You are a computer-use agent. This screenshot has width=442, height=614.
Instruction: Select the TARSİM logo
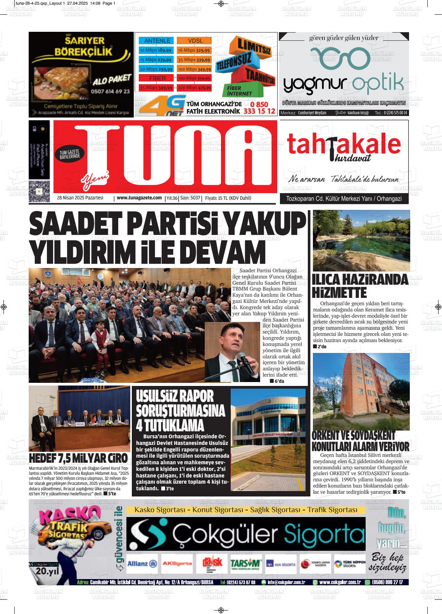(245, 564)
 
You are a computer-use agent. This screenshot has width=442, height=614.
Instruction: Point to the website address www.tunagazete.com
(139, 198)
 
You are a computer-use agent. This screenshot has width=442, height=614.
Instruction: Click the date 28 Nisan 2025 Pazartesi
(80, 198)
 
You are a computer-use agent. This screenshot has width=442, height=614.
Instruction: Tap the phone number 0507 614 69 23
(110, 92)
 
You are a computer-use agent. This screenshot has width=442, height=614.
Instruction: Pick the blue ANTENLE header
(157, 41)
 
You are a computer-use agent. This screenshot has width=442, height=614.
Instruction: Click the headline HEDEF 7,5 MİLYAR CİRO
(78, 458)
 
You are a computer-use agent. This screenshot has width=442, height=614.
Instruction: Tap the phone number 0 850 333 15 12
(259, 108)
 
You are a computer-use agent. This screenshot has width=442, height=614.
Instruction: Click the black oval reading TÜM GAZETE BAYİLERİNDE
(69, 154)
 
